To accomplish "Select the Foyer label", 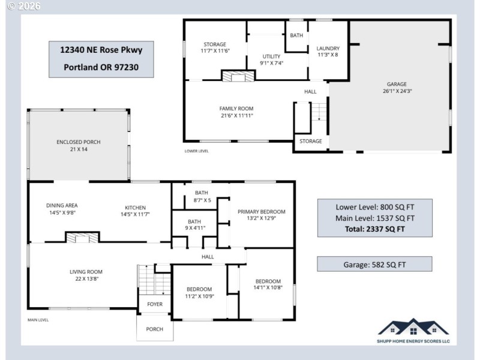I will pyautogui.click(x=155, y=304).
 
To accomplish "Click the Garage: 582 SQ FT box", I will pyautogui.click(x=374, y=263).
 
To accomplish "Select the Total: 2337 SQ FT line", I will pyautogui.click(x=374, y=229).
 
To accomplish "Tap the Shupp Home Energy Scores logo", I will pyautogui.click(x=413, y=331).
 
